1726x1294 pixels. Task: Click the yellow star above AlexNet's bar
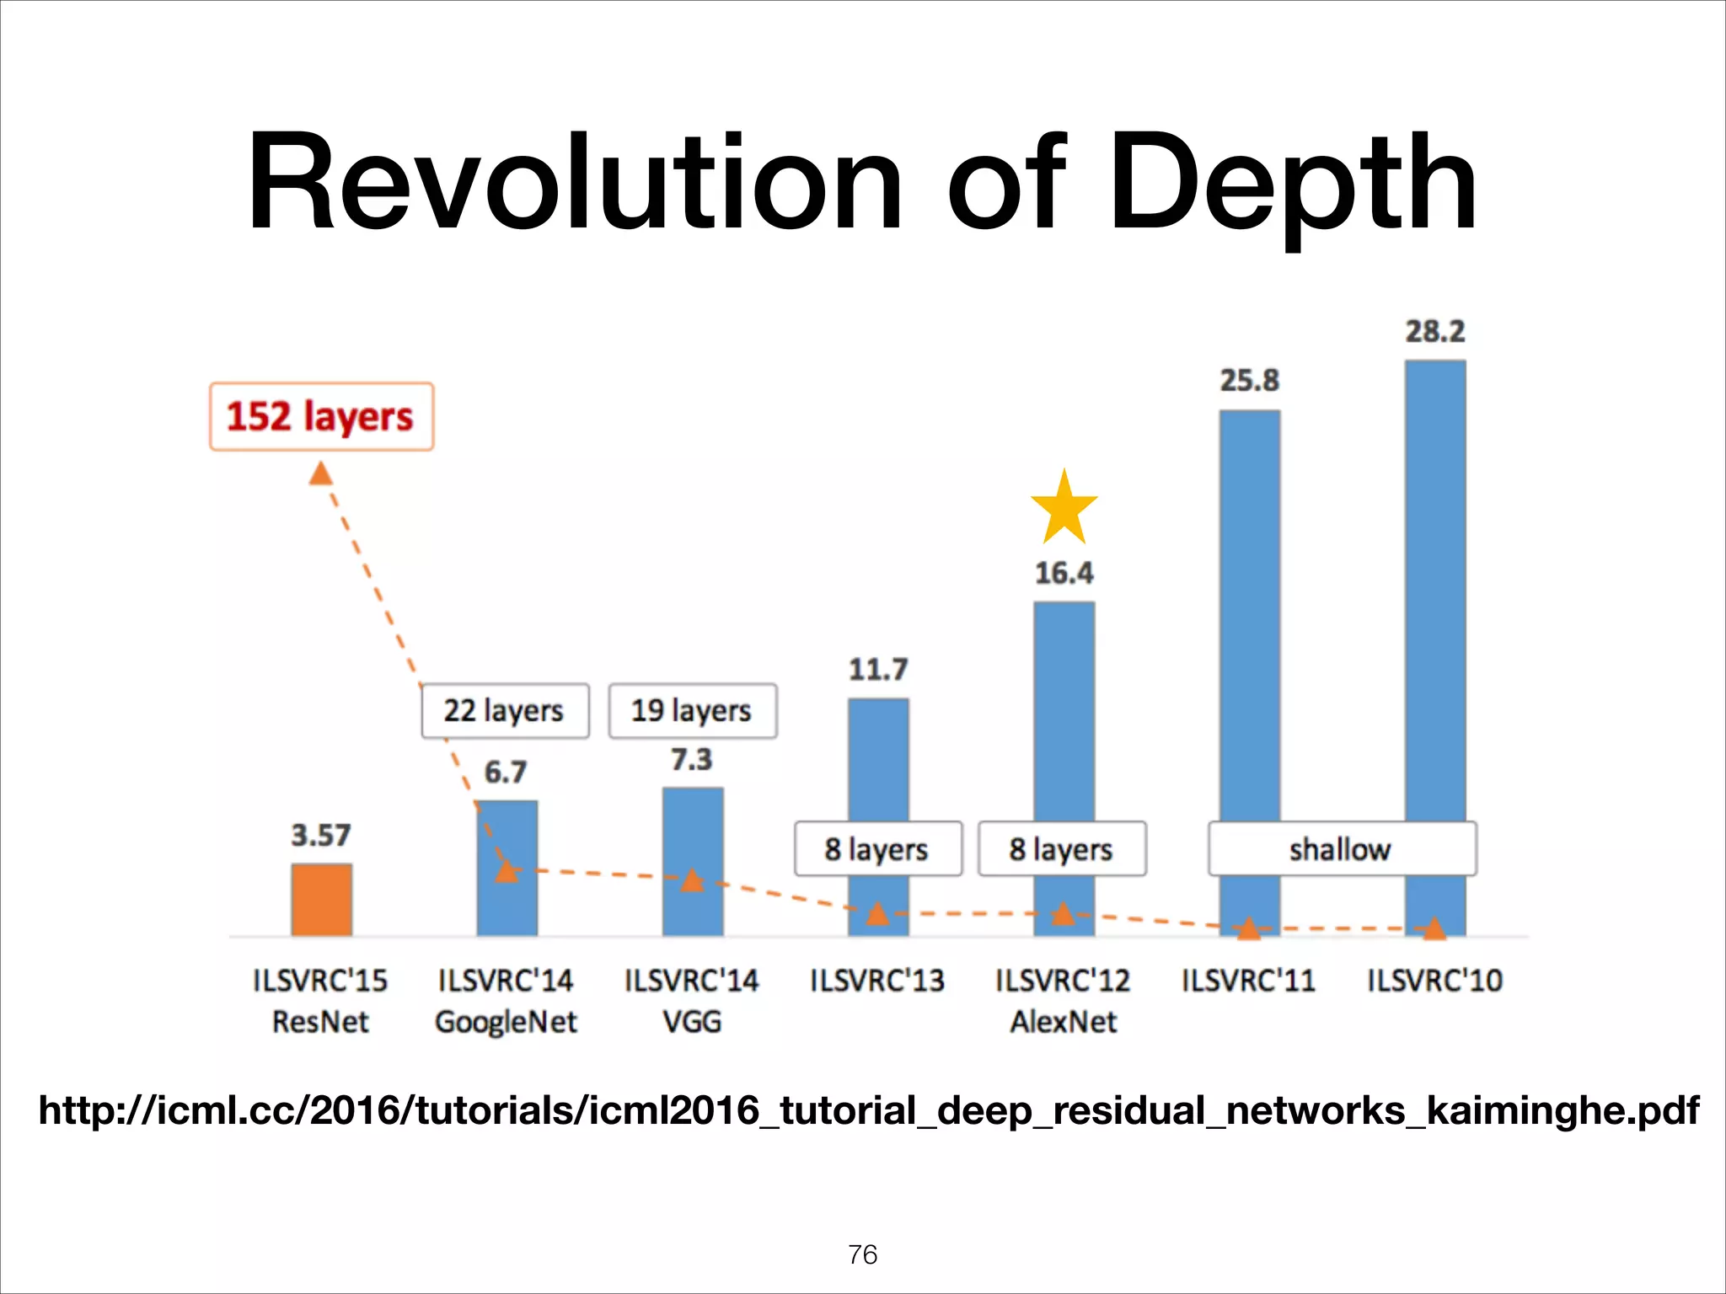tap(1064, 509)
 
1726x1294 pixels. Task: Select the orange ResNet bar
tap(321, 899)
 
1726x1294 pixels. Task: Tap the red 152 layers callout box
tap(321, 417)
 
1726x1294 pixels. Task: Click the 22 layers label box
tap(505, 711)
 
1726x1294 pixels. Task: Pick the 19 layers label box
tap(692, 711)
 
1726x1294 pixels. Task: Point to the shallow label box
tap(1342, 849)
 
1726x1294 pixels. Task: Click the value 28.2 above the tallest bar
tap(1434, 331)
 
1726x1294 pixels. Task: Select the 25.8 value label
tap(1249, 381)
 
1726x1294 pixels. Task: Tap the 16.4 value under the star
tap(1064, 574)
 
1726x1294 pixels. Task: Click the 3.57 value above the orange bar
tap(321, 836)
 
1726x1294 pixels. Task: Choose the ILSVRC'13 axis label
tap(877, 981)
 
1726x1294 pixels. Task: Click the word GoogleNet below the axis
tap(506, 1022)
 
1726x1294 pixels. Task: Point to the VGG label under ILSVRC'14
tap(692, 1022)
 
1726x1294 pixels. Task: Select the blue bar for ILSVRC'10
tap(1434, 590)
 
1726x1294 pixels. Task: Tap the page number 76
tap(863, 1254)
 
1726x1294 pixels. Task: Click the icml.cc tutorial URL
tap(868, 1110)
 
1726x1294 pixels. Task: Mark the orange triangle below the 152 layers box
tap(320, 474)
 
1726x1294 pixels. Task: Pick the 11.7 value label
tap(878, 670)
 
